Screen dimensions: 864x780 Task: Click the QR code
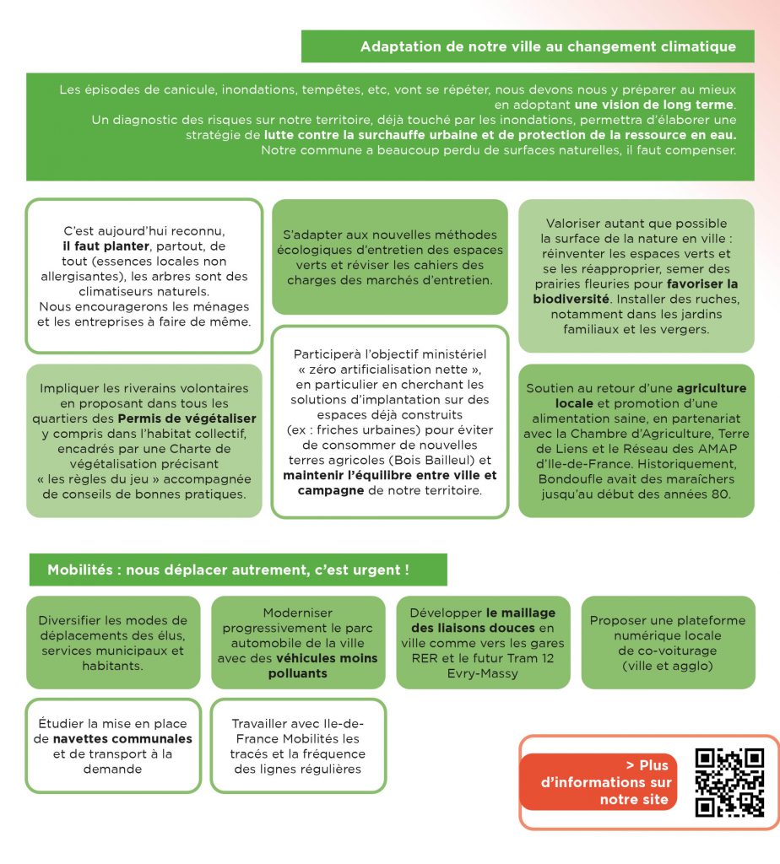729,782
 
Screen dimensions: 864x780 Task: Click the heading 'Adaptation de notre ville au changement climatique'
547,46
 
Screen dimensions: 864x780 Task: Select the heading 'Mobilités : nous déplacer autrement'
228,570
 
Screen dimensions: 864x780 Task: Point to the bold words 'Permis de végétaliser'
187,418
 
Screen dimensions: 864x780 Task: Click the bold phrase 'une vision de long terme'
654,105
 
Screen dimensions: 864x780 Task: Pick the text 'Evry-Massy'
483,673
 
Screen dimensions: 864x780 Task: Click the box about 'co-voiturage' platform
667,642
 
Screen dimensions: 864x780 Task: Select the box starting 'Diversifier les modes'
113,642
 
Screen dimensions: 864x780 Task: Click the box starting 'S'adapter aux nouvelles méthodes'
389,257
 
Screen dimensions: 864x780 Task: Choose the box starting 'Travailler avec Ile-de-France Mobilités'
297,746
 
